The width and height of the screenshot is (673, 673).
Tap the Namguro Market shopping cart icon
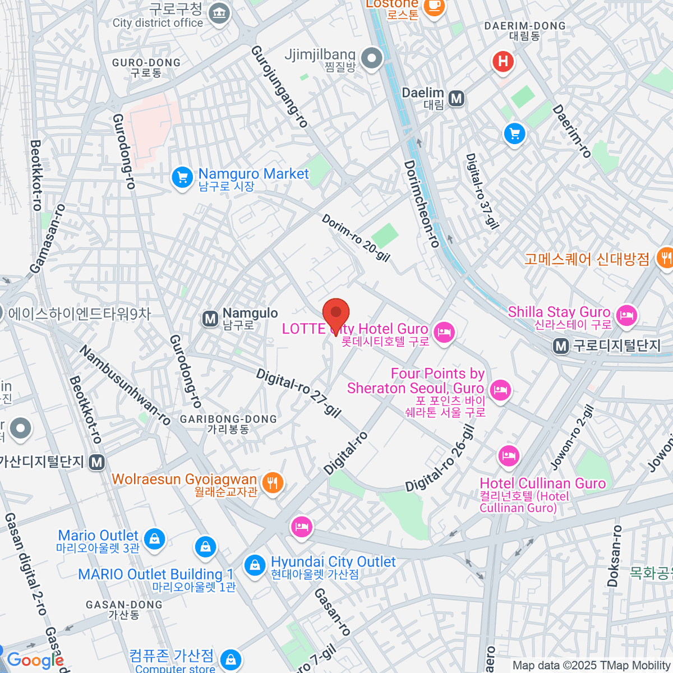click(x=182, y=178)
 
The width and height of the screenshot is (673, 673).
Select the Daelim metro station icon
click(x=457, y=99)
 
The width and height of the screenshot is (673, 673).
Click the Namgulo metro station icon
click(x=210, y=319)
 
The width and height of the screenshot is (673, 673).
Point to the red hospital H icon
click(x=503, y=61)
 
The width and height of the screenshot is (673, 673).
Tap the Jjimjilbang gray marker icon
click(x=371, y=58)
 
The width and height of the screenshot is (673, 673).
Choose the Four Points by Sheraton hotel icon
click(x=500, y=389)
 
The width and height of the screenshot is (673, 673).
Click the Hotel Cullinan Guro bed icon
click(x=508, y=455)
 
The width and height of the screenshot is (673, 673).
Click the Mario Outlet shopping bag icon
click(x=154, y=539)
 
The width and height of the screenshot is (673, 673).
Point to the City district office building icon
click(x=219, y=13)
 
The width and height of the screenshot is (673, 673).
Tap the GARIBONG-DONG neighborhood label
click(x=228, y=424)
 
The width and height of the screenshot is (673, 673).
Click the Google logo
click(x=35, y=661)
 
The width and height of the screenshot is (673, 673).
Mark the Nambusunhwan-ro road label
click(x=125, y=385)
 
